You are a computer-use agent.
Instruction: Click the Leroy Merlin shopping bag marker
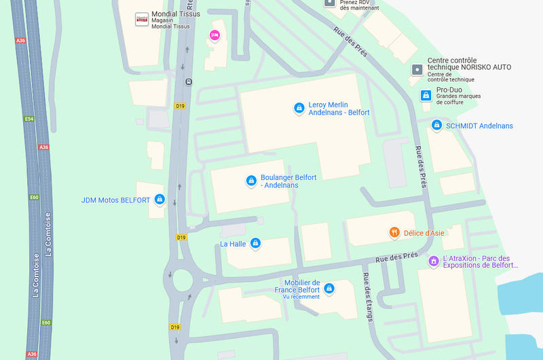tap(299, 108)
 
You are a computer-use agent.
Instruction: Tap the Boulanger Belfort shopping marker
tap(251, 181)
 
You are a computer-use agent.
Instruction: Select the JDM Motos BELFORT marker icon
tap(160, 200)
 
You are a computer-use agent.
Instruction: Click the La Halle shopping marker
tap(255, 243)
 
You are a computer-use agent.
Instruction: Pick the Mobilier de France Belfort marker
tap(329, 288)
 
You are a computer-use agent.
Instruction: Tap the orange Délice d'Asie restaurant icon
tap(394, 233)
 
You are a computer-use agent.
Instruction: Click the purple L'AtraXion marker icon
tap(433, 261)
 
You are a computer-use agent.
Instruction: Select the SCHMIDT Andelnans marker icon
tap(437, 126)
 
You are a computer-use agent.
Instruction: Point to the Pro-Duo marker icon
tap(426, 95)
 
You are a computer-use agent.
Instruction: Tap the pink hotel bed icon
tap(214, 35)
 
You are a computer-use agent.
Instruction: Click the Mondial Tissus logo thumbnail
tap(141, 19)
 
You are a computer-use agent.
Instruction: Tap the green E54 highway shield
tap(29, 120)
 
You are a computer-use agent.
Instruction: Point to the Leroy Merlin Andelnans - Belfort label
tap(339, 108)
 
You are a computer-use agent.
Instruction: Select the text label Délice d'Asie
tap(424, 233)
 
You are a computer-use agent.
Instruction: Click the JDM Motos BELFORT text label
tap(115, 200)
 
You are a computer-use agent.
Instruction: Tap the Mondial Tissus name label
tap(170, 14)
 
